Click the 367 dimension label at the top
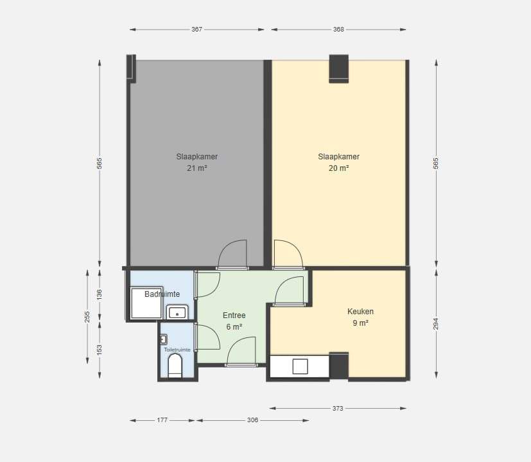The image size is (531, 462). [196, 30]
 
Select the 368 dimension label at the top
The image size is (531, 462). [338, 30]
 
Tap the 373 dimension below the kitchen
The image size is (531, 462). [338, 409]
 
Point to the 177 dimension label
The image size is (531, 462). [162, 420]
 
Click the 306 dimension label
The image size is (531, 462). [252, 420]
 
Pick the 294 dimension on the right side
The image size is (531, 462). [436, 324]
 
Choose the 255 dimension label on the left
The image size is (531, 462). [87, 317]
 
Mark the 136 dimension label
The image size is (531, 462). [100, 294]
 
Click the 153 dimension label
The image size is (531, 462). [100, 350]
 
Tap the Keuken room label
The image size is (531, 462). [361, 312]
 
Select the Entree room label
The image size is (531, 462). [234, 315]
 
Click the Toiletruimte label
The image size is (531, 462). [177, 350]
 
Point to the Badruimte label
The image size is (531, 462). [162, 294]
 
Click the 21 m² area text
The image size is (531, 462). [196, 168]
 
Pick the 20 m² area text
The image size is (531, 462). [338, 168]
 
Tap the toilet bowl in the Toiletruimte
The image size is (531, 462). [175, 366]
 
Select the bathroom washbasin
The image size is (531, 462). [177, 312]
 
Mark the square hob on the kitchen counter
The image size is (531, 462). [300, 366]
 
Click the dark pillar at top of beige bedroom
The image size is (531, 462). [339, 69]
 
